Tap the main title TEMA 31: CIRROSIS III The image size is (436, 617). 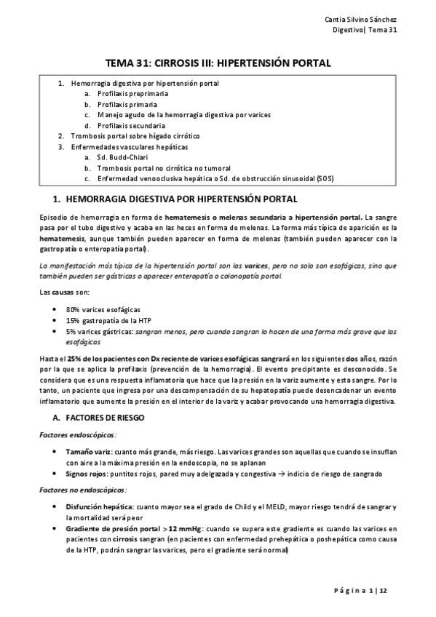pyautogui.click(x=218, y=63)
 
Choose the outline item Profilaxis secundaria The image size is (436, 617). pyautogui.click(x=131, y=126)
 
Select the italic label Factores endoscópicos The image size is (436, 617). pyautogui.click(x=68, y=434)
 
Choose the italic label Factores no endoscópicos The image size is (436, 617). pyautogui.click(x=74, y=490)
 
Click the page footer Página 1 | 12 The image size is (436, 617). pyautogui.click(x=367, y=590)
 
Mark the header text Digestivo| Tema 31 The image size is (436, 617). pyautogui.click(x=368, y=29)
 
